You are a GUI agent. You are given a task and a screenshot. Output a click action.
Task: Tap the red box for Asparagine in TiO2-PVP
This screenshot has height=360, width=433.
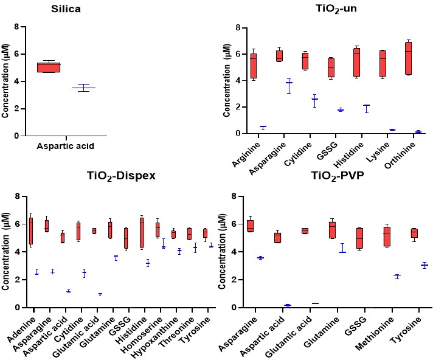[249, 226]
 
